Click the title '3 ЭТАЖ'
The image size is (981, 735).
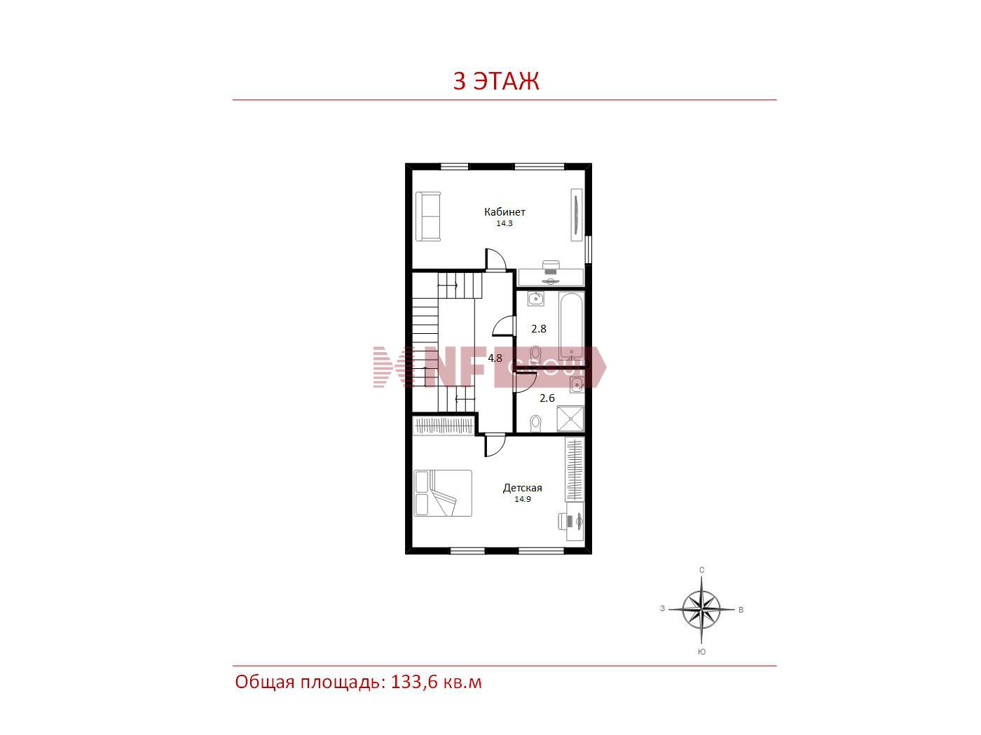click(x=495, y=81)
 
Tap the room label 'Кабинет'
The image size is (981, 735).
click(x=505, y=211)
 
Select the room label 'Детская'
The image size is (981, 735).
click(x=523, y=488)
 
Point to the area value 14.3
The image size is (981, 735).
click(x=504, y=223)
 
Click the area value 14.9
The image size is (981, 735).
click(x=523, y=499)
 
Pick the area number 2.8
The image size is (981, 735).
click(x=539, y=329)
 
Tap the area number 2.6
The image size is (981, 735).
click(x=547, y=398)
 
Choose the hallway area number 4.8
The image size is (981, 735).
click(x=495, y=358)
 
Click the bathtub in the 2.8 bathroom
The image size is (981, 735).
click(x=572, y=326)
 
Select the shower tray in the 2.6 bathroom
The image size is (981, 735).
click(x=570, y=419)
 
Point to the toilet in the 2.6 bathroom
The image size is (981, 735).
click(x=535, y=423)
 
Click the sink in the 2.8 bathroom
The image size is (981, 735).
click(x=535, y=299)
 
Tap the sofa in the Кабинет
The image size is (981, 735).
click(x=428, y=217)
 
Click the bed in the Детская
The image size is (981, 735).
click(x=443, y=493)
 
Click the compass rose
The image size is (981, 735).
click(x=701, y=610)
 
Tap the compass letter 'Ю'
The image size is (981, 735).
click(x=701, y=652)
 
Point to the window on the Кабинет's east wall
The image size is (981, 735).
click(x=589, y=250)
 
